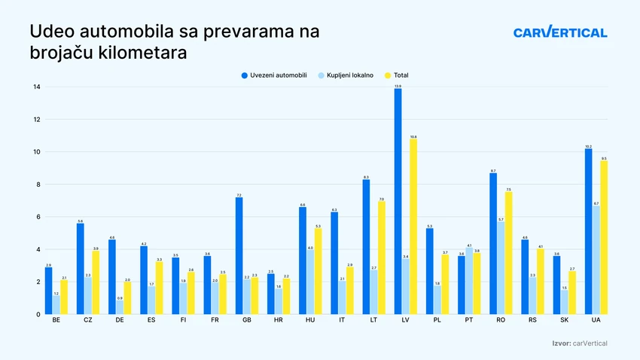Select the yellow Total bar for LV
(x=413, y=226)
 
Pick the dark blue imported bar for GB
(x=239, y=256)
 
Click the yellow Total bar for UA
(x=604, y=237)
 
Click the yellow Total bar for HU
(x=318, y=271)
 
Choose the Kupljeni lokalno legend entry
(x=348, y=75)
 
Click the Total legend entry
(x=400, y=75)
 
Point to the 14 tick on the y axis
(x=36, y=87)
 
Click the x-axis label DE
(x=120, y=321)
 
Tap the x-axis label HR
(x=279, y=321)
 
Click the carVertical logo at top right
(x=560, y=32)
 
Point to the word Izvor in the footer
(x=560, y=343)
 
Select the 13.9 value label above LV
(x=398, y=86)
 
